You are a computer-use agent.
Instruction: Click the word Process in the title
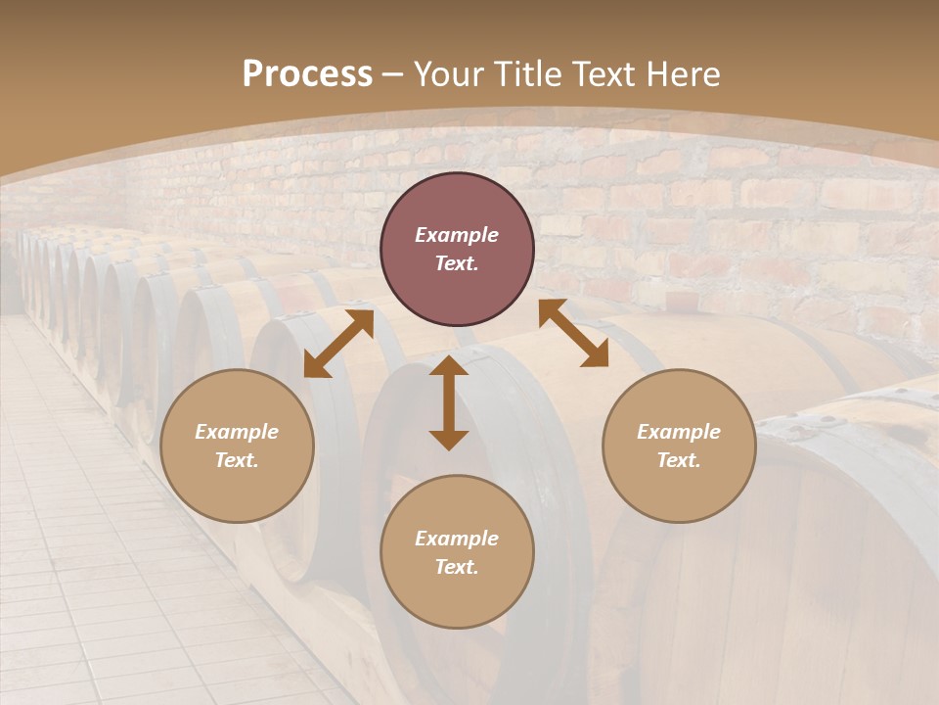[307, 74]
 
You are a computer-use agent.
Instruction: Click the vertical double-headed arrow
[449, 403]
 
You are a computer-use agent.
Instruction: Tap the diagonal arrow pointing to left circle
[338, 344]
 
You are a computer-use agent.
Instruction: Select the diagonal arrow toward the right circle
[573, 333]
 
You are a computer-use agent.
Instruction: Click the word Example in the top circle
[457, 235]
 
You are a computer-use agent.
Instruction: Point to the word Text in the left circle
[237, 460]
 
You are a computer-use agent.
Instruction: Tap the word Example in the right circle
[679, 432]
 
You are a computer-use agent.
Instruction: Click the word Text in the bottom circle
[457, 567]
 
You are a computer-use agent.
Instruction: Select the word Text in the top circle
[457, 263]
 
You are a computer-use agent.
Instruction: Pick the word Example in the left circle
[237, 432]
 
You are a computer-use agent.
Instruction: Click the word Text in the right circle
[679, 460]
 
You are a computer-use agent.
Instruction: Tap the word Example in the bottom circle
[457, 539]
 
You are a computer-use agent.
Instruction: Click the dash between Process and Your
[393, 74]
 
